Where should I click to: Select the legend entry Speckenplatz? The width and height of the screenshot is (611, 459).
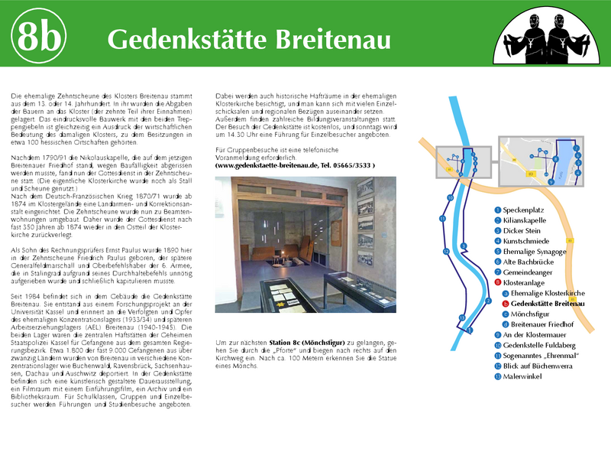pos(528,210)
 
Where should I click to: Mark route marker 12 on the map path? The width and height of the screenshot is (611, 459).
pos(446,252)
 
